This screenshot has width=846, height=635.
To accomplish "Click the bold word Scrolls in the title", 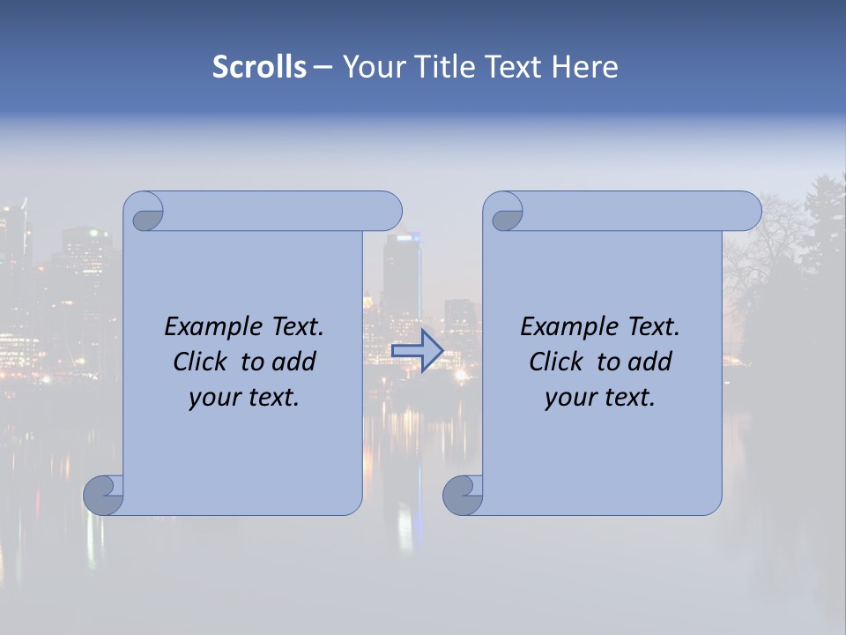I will click(259, 67).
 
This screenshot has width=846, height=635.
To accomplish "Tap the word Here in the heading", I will click(584, 67).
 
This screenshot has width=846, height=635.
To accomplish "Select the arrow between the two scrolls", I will click(417, 350).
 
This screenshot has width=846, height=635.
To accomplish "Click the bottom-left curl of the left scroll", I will click(103, 494).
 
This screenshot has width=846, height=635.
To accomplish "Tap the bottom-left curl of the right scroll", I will click(462, 494).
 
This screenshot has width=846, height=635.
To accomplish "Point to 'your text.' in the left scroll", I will click(244, 397).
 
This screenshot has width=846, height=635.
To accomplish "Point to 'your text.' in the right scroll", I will click(600, 397).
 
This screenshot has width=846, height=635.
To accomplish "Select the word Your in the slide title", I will click(370, 67).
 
